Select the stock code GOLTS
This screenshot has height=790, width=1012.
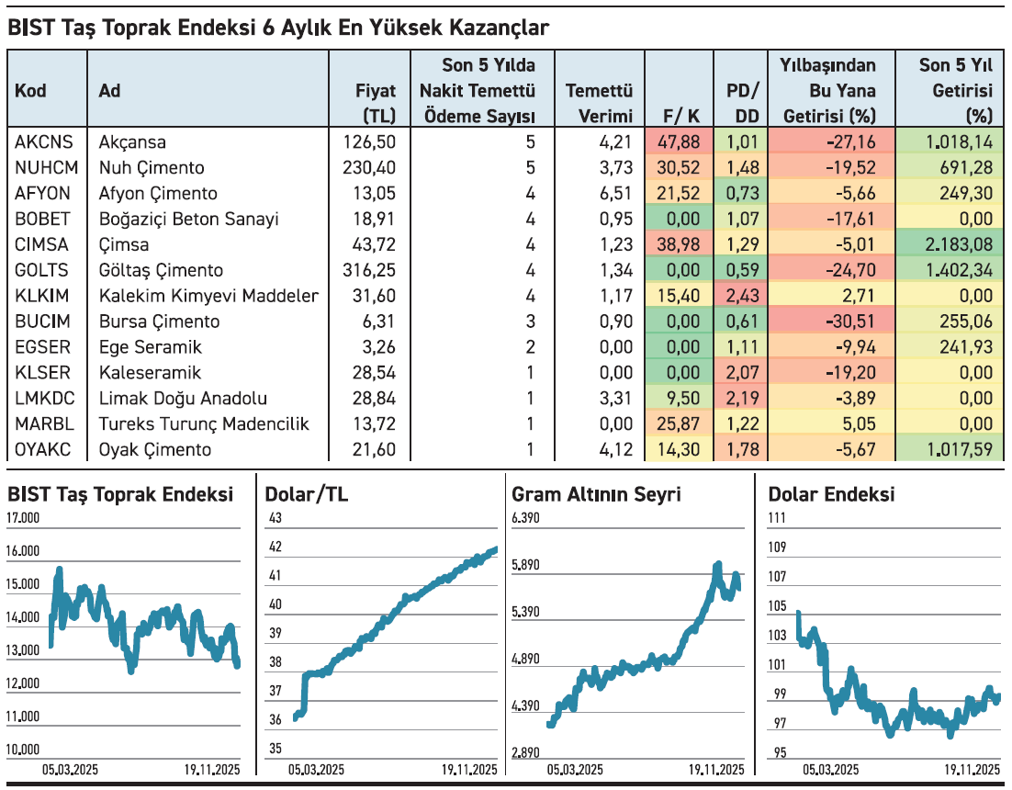[40, 271]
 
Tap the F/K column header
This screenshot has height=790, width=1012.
[680, 116]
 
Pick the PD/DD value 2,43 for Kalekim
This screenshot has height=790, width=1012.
[741, 297]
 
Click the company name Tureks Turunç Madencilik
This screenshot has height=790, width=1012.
[203, 424]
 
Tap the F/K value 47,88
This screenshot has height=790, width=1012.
[680, 142]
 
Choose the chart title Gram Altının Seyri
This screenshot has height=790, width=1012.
[596, 495]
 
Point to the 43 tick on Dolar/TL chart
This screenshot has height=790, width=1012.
[273, 519]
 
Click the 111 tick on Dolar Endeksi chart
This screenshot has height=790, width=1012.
[777, 519]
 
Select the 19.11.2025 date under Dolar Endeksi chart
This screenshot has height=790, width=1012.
[972, 770]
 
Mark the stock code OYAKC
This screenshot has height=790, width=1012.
[42, 450]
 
